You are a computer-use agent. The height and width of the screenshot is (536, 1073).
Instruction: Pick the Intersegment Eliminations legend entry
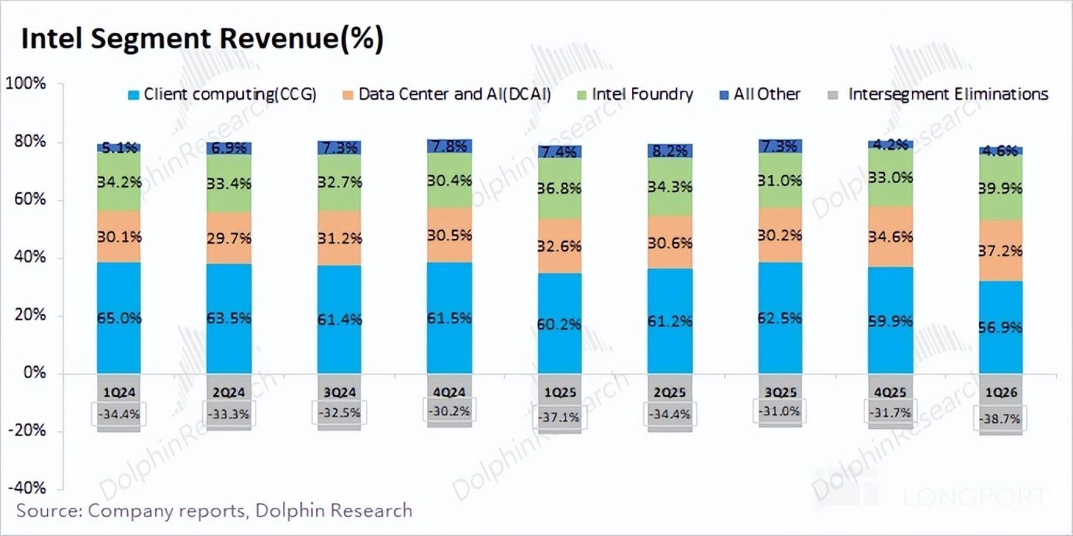pyautogui.click(x=939, y=95)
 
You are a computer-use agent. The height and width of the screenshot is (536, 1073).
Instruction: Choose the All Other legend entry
pyautogui.click(x=759, y=95)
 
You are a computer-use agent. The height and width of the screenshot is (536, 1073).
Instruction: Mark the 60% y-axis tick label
pyautogui.click(x=28, y=200)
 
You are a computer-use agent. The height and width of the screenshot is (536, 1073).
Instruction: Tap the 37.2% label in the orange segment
pyautogui.click(x=1000, y=252)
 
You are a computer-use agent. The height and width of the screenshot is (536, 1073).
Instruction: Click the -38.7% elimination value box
pyautogui.click(x=1000, y=420)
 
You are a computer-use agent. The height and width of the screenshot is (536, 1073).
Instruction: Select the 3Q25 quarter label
pyautogui.click(x=779, y=390)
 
